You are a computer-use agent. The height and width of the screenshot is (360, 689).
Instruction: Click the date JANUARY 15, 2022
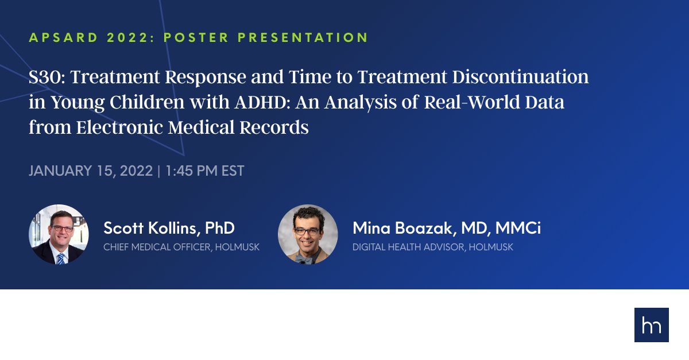pos(90,171)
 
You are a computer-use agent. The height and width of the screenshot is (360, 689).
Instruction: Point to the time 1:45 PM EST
pos(204,171)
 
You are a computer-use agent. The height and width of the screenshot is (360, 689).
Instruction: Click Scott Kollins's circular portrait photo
pos(59,234)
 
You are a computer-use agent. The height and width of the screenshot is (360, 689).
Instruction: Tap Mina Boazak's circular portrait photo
pos(308,234)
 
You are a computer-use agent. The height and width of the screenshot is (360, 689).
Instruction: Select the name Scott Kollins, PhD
pos(169,228)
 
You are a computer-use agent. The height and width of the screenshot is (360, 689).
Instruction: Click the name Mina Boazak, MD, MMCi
pos(447,228)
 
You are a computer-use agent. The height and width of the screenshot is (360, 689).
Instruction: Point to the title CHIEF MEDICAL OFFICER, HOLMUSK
pos(181,247)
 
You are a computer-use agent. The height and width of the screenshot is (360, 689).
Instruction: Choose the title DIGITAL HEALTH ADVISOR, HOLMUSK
pos(433,247)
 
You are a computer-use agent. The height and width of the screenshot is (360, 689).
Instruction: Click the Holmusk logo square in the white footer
pos(651,325)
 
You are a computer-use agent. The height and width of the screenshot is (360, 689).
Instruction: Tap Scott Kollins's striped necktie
pos(60,258)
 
